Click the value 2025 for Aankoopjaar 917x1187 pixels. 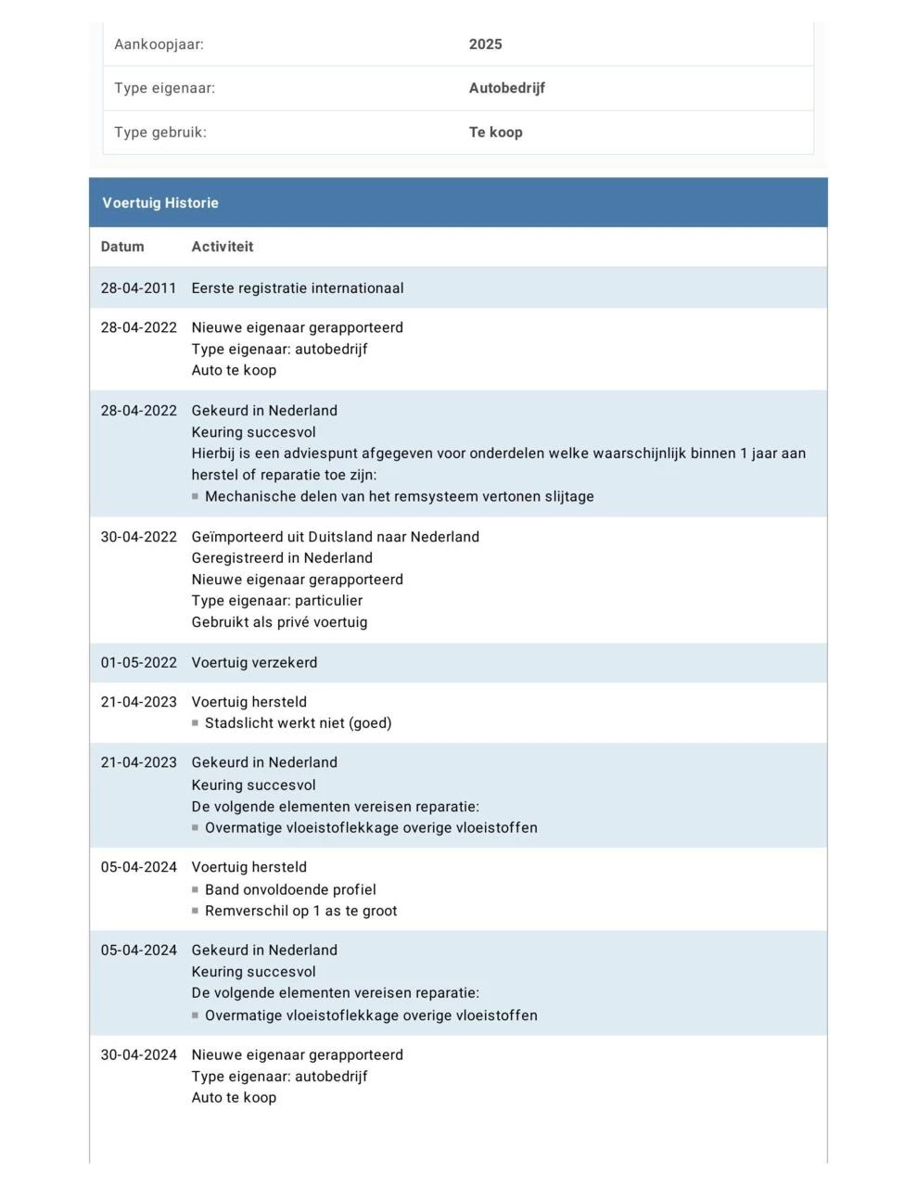point(485,45)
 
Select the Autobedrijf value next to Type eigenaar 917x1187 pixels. point(506,88)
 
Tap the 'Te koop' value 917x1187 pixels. point(495,133)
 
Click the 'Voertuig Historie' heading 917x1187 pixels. point(160,203)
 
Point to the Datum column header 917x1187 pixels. point(122,247)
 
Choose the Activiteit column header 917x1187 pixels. point(222,247)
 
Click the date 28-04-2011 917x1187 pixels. point(138,288)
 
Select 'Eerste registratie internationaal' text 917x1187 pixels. point(298,288)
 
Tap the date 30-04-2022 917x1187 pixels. point(138,537)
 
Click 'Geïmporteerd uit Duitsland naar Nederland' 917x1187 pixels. point(335,537)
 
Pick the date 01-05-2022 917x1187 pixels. point(138,663)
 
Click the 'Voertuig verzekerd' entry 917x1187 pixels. point(254,663)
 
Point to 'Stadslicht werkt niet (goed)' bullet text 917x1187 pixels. point(298,723)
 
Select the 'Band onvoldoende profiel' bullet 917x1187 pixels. point(290,890)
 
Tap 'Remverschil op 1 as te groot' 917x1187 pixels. point(300,912)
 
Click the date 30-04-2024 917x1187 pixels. point(138,1055)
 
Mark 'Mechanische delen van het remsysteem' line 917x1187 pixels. point(399,497)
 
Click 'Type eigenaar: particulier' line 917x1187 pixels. point(276,601)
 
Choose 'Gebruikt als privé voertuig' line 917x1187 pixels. point(279,622)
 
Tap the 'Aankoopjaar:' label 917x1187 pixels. point(159,45)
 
